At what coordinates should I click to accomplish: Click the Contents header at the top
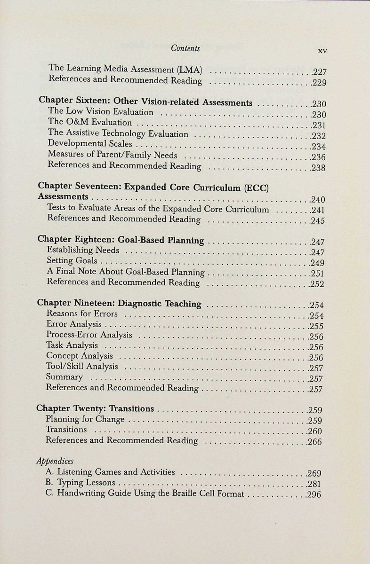[185, 48]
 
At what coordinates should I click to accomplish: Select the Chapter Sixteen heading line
[145, 102]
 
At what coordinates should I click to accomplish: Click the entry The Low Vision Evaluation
[101, 112]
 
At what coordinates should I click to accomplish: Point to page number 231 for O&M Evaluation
[319, 125]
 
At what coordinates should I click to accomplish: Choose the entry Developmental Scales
[90, 144]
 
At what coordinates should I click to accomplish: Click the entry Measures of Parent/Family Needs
[113, 155]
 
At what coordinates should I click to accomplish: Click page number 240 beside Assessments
[318, 200]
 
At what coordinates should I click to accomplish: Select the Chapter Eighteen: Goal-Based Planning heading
[121, 240]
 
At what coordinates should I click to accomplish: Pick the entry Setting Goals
[72, 260]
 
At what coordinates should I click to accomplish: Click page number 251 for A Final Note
[317, 274]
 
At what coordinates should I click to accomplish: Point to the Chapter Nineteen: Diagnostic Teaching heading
[119, 304]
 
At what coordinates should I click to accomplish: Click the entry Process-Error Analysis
[89, 335]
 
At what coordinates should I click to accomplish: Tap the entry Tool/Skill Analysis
[82, 366]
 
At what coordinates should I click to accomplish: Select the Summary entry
[64, 377]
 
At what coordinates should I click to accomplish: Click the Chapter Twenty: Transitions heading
[95, 408]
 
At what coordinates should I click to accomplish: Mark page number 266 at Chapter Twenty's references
[314, 442]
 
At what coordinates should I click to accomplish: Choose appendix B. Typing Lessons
[80, 483]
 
